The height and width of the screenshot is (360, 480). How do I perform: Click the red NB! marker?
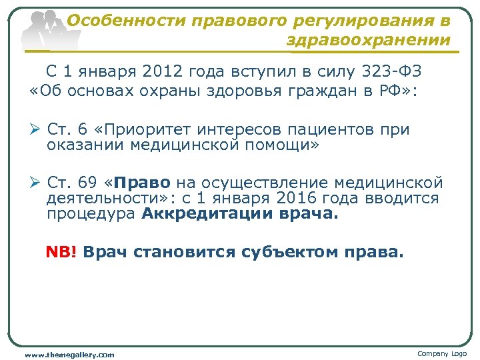click(x=62, y=253)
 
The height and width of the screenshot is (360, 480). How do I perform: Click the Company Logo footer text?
click(x=442, y=353)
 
